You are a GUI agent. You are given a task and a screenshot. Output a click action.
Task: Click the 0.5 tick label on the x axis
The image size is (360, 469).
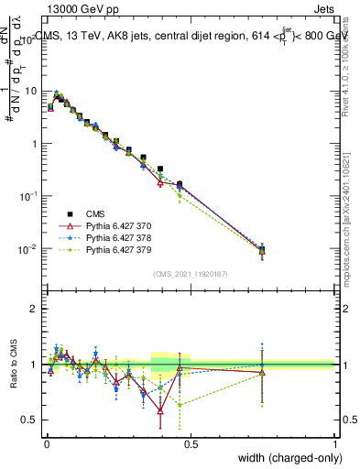click(x=190, y=445)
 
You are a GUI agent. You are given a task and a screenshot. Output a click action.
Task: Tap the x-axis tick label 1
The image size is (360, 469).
click(x=334, y=445)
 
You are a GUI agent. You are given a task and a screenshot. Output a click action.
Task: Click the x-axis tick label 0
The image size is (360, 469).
click(x=46, y=445)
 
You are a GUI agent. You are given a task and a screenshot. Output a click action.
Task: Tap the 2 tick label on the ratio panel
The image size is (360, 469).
click(x=36, y=309)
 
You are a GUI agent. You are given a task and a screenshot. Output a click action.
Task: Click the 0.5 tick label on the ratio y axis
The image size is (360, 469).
click(x=31, y=420)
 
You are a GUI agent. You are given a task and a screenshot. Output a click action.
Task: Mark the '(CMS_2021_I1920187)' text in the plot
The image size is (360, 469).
click(x=190, y=274)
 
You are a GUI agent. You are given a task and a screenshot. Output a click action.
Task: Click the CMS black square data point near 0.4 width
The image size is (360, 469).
click(x=160, y=169)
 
